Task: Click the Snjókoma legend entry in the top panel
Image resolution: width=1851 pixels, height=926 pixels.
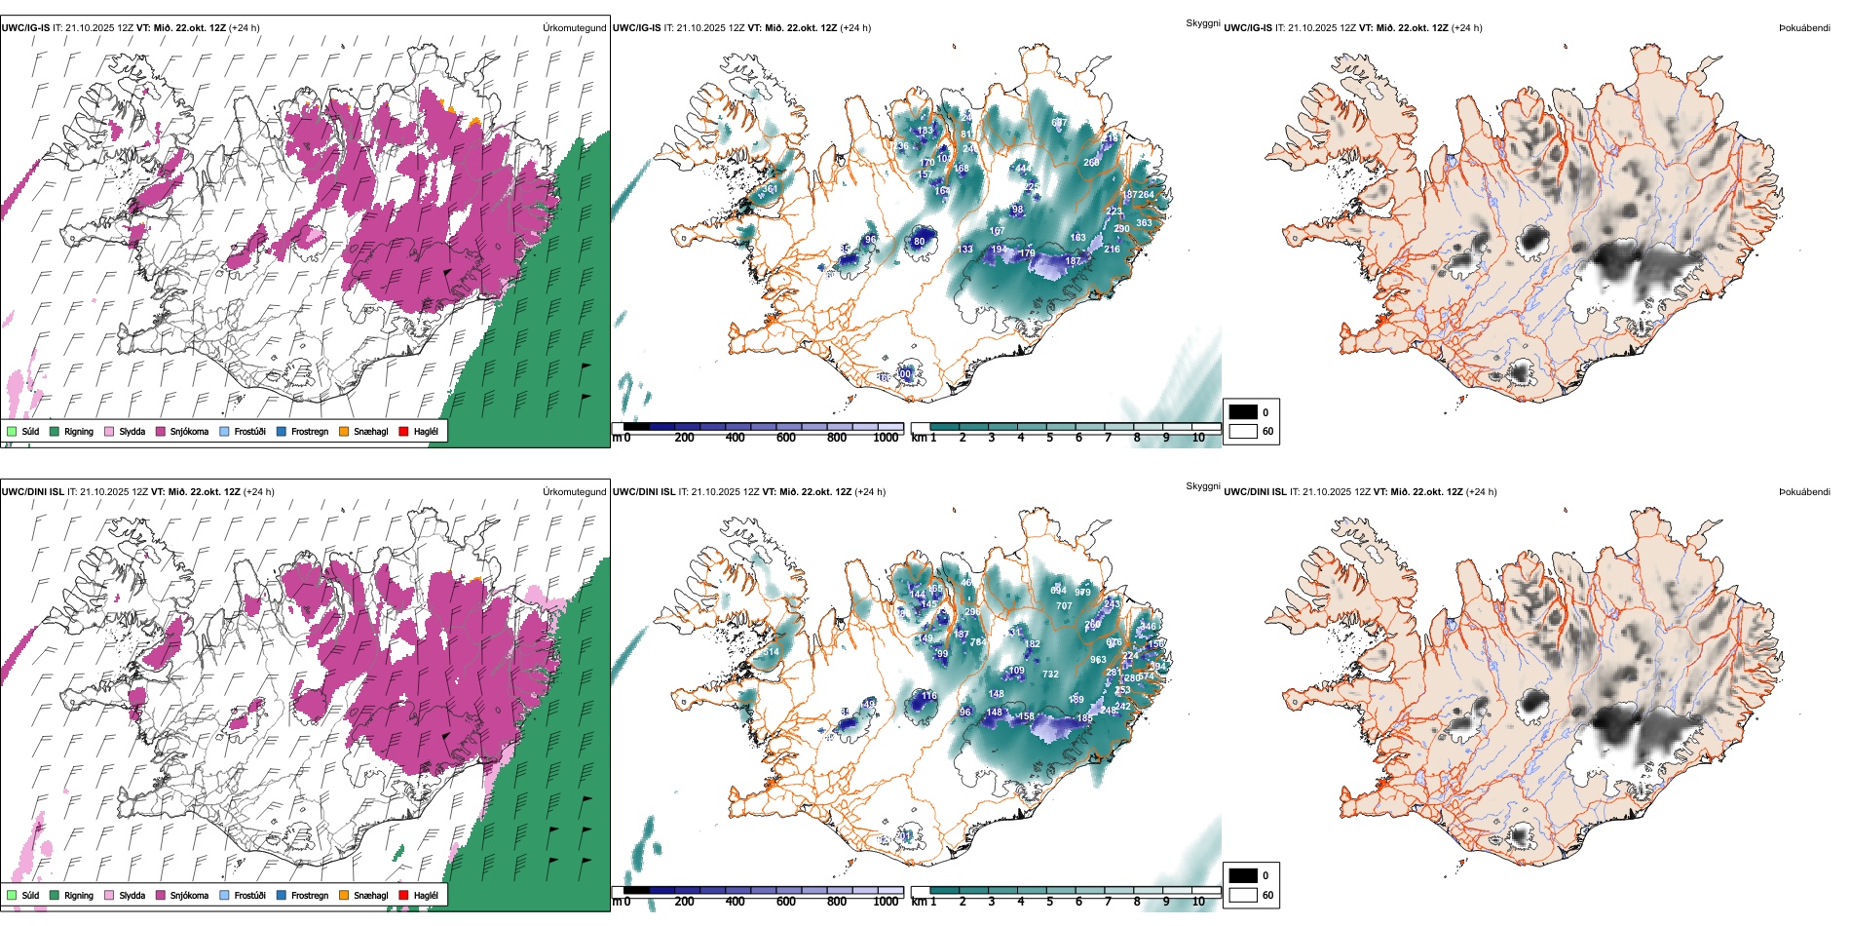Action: click(188, 431)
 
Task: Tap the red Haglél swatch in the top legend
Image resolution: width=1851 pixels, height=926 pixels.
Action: click(404, 431)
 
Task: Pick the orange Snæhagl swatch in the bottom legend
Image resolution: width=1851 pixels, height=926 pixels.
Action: click(344, 895)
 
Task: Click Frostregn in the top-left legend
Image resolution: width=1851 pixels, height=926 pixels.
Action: click(309, 431)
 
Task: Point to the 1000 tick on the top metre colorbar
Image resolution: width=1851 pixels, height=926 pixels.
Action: click(886, 438)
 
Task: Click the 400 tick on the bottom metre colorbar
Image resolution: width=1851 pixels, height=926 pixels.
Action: click(736, 902)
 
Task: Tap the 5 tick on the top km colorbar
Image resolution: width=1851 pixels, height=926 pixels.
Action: click(1050, 438)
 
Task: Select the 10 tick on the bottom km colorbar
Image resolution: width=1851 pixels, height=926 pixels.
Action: click(1198, 902)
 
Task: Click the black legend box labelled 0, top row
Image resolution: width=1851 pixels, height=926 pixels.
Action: click(1243, 412)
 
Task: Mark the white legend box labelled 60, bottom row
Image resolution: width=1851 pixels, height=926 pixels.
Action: click(1243, 895)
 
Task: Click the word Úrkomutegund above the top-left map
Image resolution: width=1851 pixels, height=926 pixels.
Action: click(574, 28)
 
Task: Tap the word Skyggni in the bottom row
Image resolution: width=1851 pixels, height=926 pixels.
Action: click(1202, 486)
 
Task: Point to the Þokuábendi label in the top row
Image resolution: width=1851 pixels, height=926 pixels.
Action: click(1804, 28)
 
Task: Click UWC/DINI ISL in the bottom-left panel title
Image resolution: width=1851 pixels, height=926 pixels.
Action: click(32, 492)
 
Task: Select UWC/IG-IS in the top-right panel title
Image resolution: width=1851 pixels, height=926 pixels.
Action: click(1248, 28)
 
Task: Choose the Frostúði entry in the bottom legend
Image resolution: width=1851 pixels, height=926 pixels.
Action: click(248, 895)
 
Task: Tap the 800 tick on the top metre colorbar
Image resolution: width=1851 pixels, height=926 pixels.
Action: click(837, 438)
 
